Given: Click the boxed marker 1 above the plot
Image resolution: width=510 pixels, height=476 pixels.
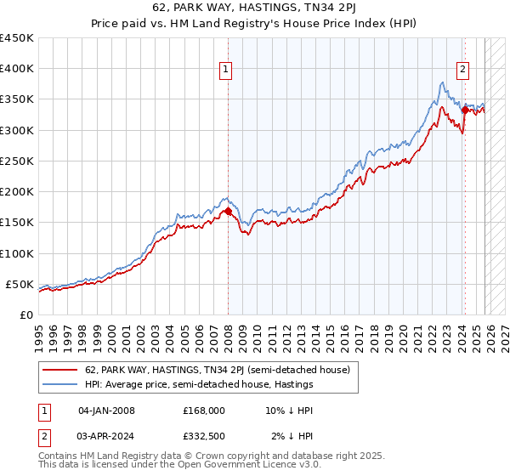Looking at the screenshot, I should pos(227,71).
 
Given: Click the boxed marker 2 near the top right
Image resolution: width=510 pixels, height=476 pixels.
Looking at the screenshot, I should pos(463,71).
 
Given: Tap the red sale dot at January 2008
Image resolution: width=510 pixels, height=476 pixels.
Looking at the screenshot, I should pos(228,212).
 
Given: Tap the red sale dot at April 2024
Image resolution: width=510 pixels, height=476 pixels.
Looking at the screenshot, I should pos(464,110).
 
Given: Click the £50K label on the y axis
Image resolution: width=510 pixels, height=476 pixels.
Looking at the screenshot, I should pos(20,284).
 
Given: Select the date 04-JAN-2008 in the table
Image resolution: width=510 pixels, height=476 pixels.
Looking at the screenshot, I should pos(106,411).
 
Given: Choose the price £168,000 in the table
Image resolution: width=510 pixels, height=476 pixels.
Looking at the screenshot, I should pos(204,411).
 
